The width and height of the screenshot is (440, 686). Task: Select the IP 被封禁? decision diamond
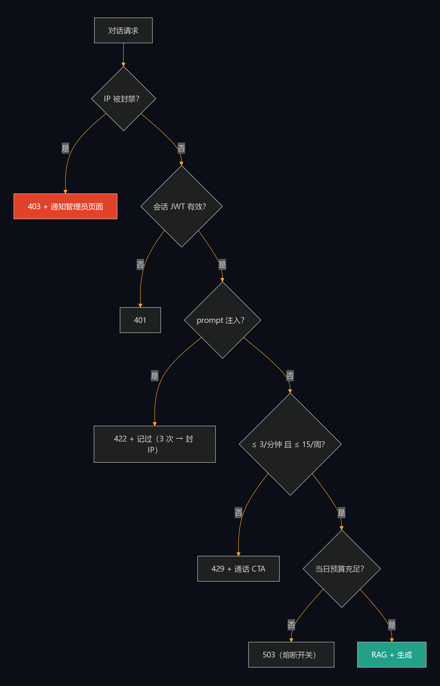click(x=123, y=99)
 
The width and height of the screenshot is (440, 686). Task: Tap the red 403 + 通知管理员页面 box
click(x=65, y=206)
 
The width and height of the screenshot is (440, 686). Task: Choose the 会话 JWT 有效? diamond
click(x=181, y=206)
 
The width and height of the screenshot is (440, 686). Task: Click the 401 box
click(x=140, y=320)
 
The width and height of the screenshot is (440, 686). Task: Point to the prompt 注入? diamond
click(x=223, y=320)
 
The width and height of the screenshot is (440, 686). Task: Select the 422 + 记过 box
click(x=155, y=444)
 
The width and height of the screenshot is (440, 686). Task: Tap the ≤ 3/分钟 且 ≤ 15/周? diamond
click(x=290, y=444)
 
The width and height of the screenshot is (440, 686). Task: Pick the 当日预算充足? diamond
click(x=342, y=569)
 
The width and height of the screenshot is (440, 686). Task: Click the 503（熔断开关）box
click(x=291, y=655)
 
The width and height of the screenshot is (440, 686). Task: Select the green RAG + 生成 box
click(x=392, y=655)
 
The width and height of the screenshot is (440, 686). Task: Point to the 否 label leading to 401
click(x=140, y=264)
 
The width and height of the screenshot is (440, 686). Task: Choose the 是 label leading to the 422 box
click(x=155, y=376)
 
